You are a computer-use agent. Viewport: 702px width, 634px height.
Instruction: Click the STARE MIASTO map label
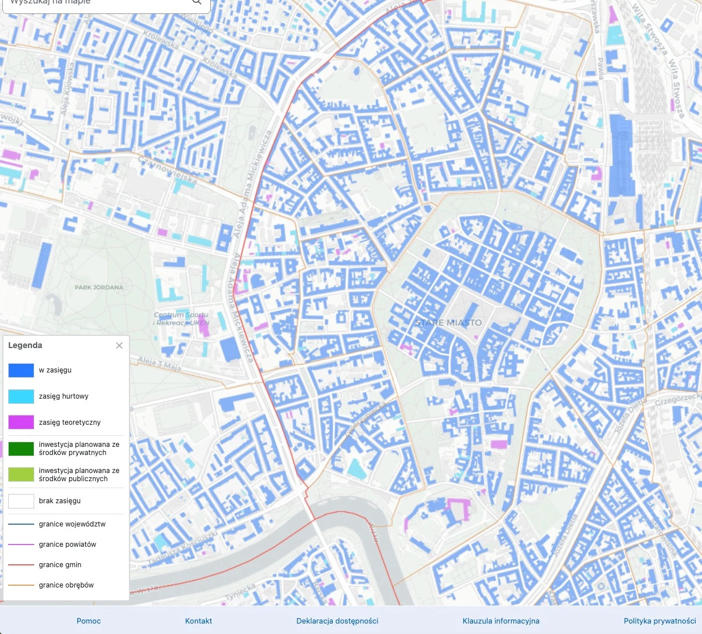click(448, 323)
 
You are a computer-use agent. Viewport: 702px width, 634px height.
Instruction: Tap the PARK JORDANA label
click(99, 287)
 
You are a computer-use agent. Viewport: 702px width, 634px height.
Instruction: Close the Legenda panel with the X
click(119, 345)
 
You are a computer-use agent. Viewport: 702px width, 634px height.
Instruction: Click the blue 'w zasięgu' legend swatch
click(21, 370)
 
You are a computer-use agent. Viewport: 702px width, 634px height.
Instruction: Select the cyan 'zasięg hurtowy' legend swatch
click(21, 396)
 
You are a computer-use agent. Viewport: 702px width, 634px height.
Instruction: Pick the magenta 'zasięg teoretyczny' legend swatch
click(21, 422)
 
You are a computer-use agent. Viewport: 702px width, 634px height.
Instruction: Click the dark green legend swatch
click(21, 449)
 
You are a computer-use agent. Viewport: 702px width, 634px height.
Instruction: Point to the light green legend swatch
click(21, 475)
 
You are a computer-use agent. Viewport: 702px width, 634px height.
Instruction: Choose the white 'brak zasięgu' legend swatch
click(21, 501)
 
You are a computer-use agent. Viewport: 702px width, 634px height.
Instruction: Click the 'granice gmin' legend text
click(60, 565)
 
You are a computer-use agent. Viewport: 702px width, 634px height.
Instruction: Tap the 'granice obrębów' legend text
click(66, 585)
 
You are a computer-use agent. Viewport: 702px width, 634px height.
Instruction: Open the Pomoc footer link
click(88, 621)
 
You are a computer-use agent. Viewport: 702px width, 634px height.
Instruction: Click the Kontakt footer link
click(199, 621)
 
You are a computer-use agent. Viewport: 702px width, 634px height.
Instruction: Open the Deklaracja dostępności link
click(337, 621)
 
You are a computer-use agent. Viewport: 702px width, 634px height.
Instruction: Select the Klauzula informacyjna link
click(501, 621)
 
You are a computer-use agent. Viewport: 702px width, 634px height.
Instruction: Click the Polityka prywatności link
click(660, 621)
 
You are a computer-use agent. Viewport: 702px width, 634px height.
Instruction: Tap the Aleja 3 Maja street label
click(159, 364)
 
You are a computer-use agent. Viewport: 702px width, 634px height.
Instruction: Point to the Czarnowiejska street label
click(167, 170)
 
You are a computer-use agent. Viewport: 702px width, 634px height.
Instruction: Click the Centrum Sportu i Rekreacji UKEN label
click(181, 319)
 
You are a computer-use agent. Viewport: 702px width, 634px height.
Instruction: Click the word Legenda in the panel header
click(25, 345)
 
